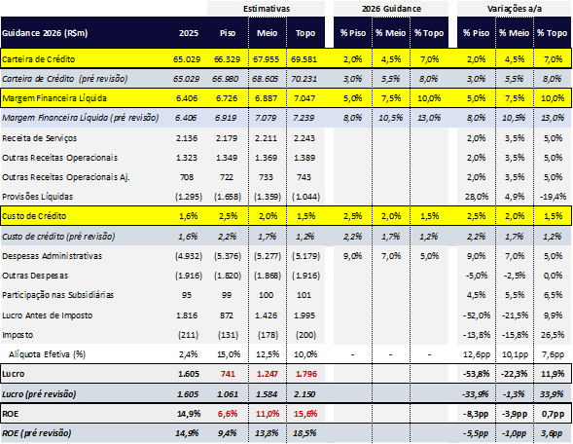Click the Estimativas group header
267,9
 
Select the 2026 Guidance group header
391,9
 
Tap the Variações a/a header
515,9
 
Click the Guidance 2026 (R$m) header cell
45,33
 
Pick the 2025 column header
189,33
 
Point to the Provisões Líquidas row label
38,197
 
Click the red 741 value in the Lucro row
228,374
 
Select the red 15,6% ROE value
305,414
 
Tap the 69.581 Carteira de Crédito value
304,59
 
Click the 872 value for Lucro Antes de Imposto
227,315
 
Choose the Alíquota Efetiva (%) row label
47,354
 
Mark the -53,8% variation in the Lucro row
476,374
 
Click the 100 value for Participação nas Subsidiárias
266,295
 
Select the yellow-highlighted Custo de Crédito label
34,216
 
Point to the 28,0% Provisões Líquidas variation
477,197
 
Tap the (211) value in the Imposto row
189,335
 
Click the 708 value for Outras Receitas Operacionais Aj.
187,177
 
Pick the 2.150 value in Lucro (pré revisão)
304,394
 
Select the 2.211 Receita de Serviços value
266,138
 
